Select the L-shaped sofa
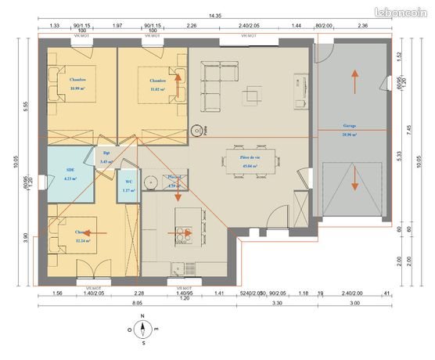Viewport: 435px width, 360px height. pos(220,77)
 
